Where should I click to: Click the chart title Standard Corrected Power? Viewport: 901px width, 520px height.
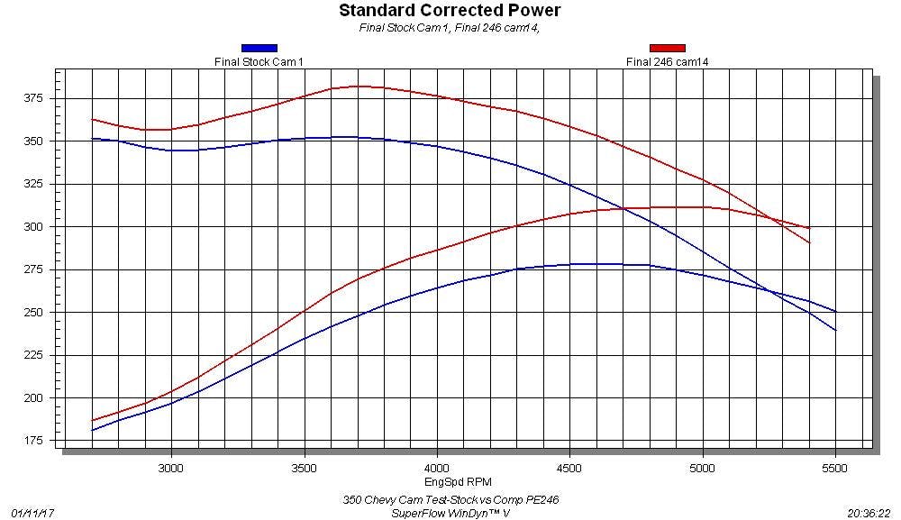(450, 11)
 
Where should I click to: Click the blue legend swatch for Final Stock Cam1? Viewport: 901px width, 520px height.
(259, 48)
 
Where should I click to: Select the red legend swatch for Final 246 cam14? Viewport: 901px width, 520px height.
(667, 48)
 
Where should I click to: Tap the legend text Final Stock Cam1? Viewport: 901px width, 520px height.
(259, 61)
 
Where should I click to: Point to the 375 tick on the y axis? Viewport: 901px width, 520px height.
(34, 98)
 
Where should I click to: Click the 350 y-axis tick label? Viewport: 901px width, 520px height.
(34, 141)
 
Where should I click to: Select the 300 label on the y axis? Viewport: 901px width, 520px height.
(34, 227)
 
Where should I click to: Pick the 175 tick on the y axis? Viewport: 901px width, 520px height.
(34, 441)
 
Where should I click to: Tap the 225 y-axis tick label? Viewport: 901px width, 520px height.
(34, 355)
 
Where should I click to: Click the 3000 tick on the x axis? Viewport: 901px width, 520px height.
(171, 469)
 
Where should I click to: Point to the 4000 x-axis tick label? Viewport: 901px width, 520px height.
(437, 469)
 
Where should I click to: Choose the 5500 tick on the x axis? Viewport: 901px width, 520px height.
(836, 469)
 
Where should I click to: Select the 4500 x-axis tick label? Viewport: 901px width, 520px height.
(570, 469)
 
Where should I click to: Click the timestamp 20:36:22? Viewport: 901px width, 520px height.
(869, 512)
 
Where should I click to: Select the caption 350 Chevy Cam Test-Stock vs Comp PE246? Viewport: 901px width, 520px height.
(456, 499)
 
